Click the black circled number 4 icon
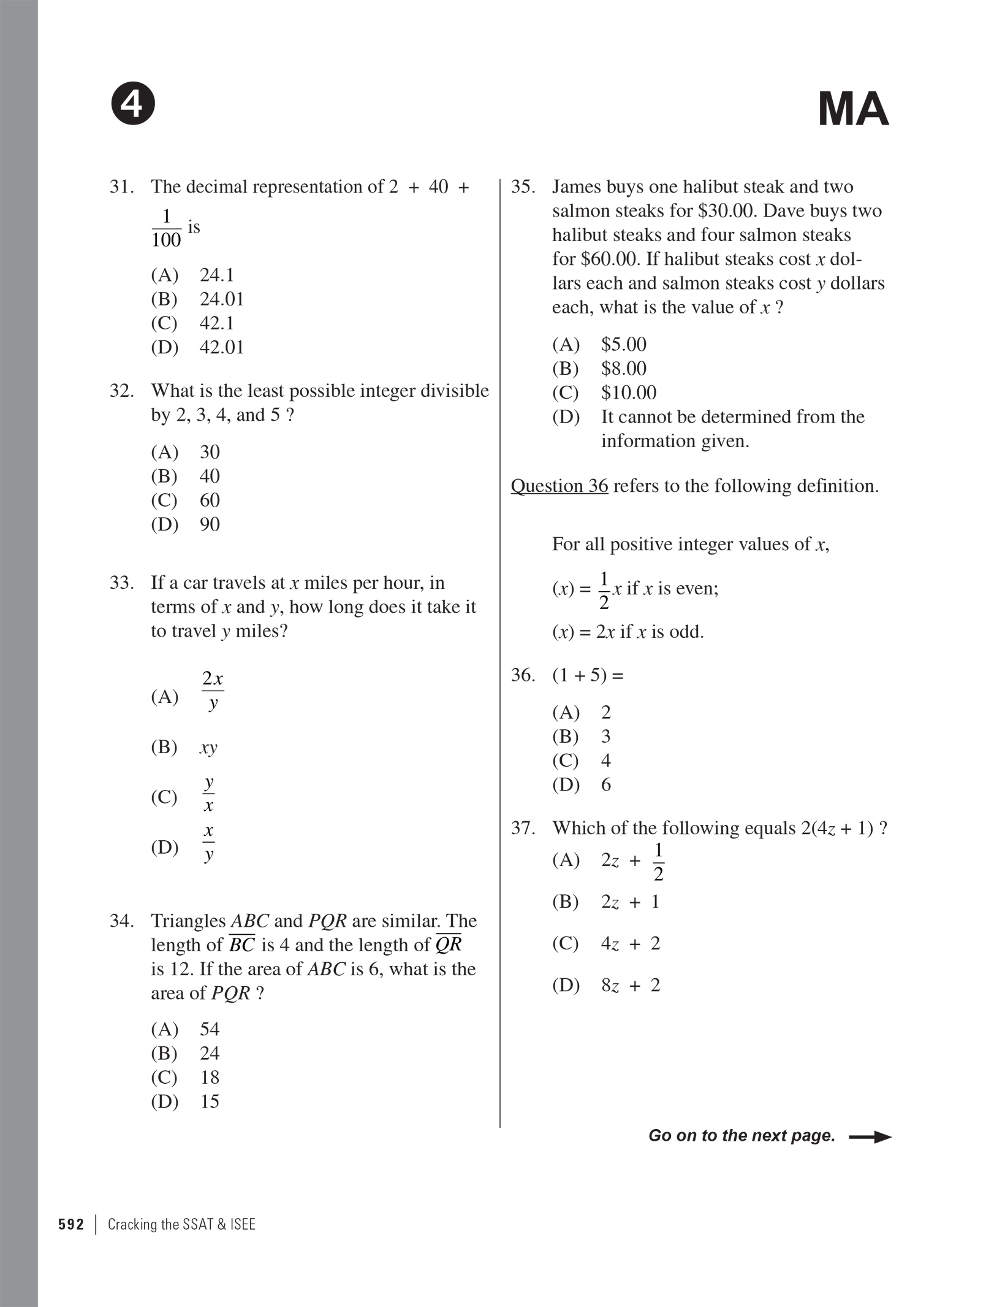coord(133,105)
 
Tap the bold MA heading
coord(853,109)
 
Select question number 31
coord(121,186)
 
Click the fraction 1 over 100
coord(166,228)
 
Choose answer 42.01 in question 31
coord(221,347)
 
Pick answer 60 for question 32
coord(210,500)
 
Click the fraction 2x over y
coord(213,691)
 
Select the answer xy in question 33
coord(208,748)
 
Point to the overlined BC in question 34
coord(241,945)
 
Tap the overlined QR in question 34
coord(448,945)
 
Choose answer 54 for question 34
coord(210,1029)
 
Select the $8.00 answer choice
coord(623,369)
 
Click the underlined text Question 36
coord(559,486)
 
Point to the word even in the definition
coord(696,588)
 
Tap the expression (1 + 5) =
coord(588,675)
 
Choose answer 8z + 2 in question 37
coord(630,985)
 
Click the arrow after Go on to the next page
coord(870,1136)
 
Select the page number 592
coord(71,1224)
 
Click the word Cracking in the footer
coord(132,1224)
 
